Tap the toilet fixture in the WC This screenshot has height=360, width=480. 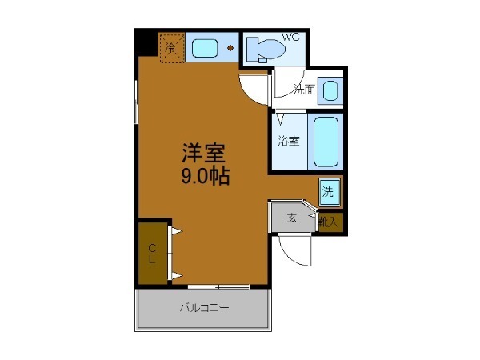click(x=265, y=50)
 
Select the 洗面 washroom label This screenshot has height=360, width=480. click(x=303, y=90)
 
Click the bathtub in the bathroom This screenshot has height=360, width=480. click(x=326, y=142)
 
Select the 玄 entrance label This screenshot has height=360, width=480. click(x=292, y=218)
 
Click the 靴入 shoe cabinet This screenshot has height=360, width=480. click(x=329, y=221)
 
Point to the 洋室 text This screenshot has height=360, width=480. click(x=203, y=153)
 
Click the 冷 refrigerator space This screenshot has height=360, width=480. click(x=172, y=47)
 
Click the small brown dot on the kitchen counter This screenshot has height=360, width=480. click(x=230, y=48)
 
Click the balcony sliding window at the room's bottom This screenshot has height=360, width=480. click(x=218, y=286)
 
